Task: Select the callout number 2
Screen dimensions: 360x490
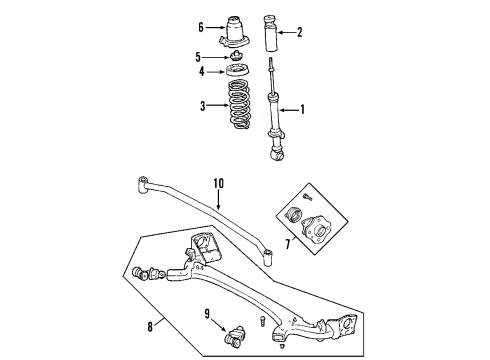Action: pyautogui.click(x=299, y=32)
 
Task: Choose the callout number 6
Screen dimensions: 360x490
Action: pyautogui.click(x=201, y=27)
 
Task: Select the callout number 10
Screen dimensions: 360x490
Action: pyautogui.click(x=219, y=184)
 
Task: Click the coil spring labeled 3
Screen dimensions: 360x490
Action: pyautogui.click(x=238, y=105)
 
